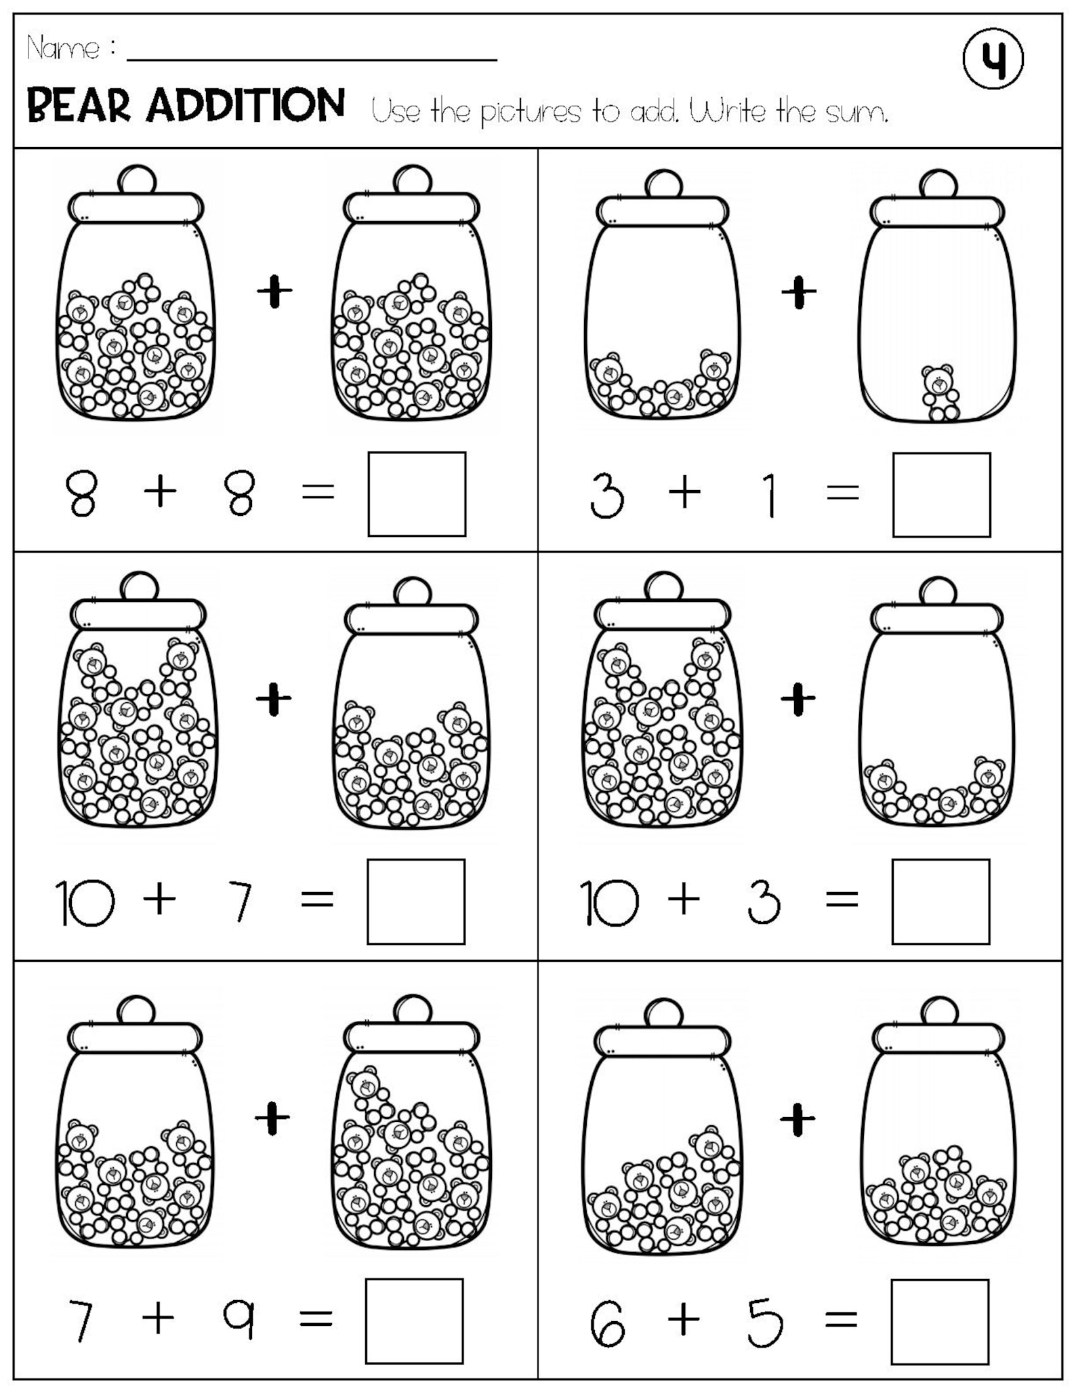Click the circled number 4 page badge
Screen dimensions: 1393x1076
click(993, 59)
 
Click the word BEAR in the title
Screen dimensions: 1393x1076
click(78, 106)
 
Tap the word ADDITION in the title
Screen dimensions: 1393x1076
click(245, 106)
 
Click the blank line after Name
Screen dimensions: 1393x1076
click(312, 54)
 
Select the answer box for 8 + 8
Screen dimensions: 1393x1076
click(417, 494)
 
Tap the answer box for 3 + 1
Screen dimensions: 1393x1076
click(941, 495)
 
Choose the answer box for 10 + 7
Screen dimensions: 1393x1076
click(416, 902)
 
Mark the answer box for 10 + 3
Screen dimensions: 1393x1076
click(940, 902)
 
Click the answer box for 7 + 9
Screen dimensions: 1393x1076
click(415, 1320)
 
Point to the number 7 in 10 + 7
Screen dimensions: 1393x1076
click(241, 902)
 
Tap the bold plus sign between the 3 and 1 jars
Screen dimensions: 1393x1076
click(800, 292)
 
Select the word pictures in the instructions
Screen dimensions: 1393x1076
click(531, 113)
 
